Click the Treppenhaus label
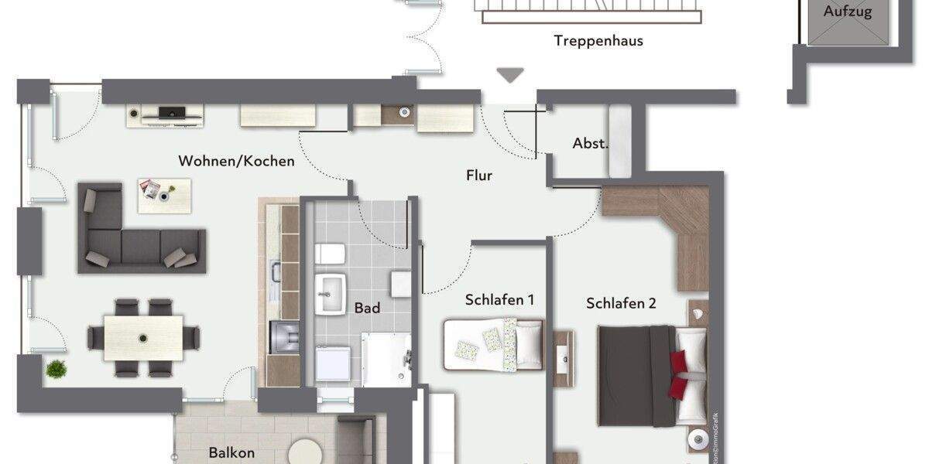tap(598, 41)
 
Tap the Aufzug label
tap(847, 12)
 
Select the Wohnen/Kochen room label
tap(236, 162)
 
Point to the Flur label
tap(479, 176)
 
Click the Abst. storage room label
tap(590, 143)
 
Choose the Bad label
tap(367, 308)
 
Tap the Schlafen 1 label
tap(499, 300)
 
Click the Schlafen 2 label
tap(621, 303)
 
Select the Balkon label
tap(231, 453)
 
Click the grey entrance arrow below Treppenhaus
tap(510, 75)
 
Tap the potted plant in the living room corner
tap(56, 369)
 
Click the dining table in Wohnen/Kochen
tap(143, 337)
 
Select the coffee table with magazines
tap(163, 194)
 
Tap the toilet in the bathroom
tap(331, 253)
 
